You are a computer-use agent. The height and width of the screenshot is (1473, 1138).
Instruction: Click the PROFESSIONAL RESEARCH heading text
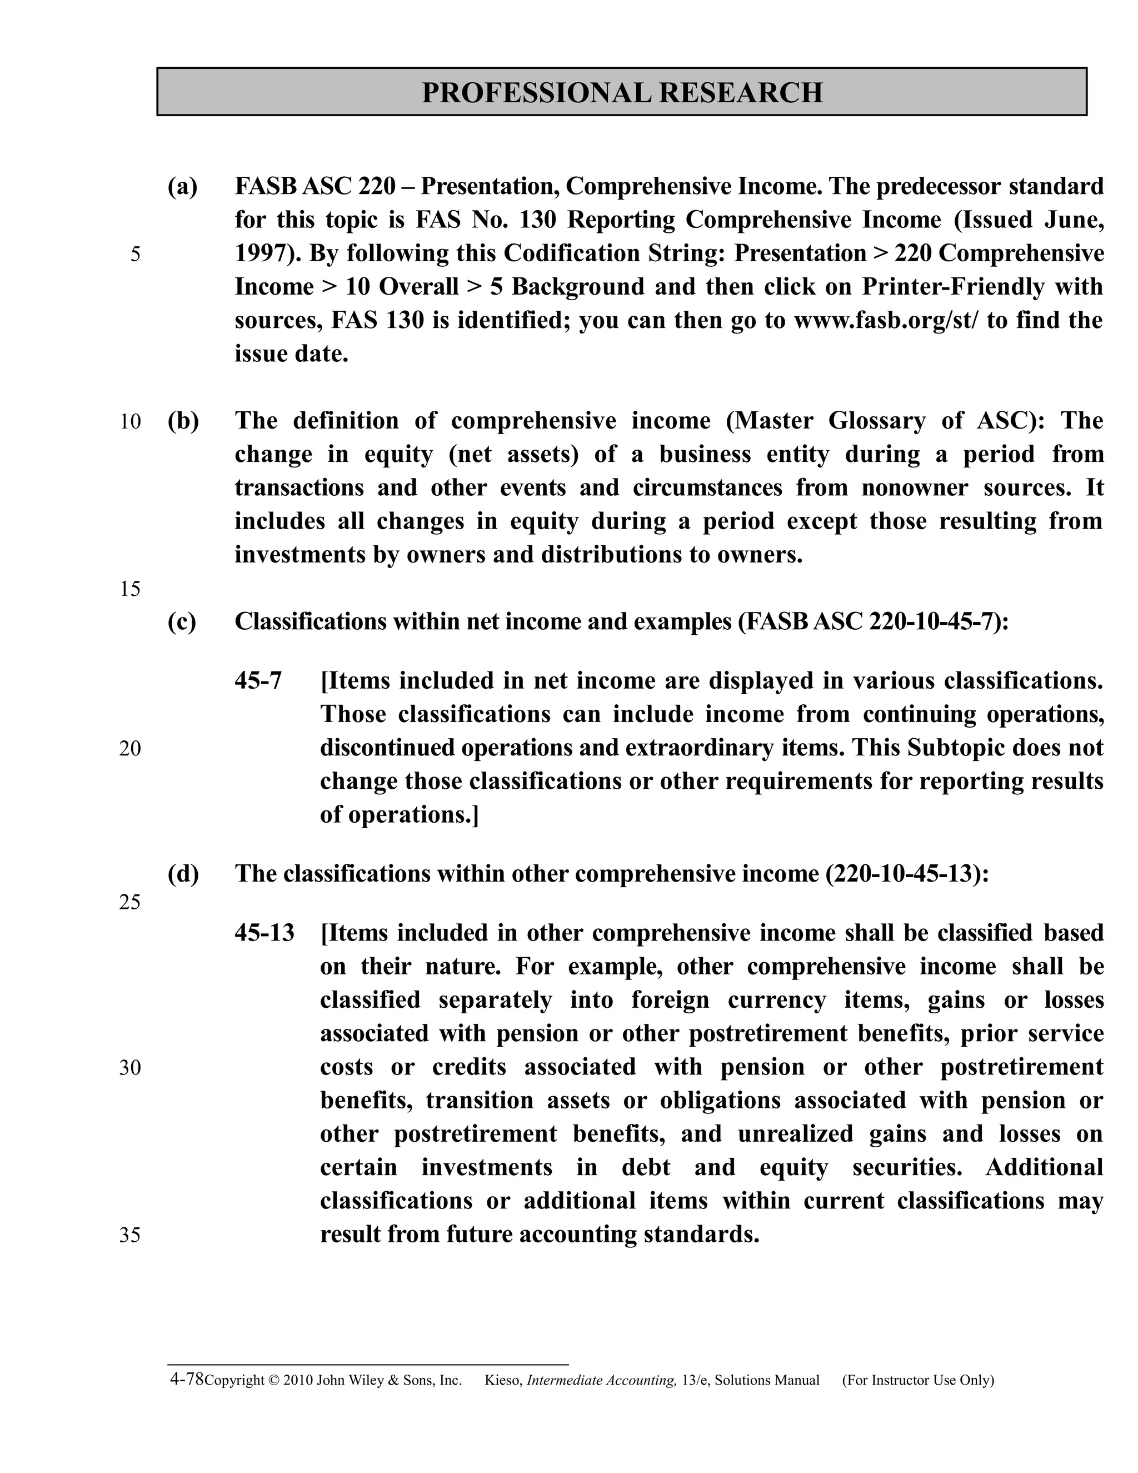pyautogui.click(x=622, y=92)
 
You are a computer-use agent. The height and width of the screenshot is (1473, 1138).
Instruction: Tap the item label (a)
pyautogui.click(x=183, y=186)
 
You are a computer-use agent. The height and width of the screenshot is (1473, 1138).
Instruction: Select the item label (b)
pyautogui.click(x=183, y=421)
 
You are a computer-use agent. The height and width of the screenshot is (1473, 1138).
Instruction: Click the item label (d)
pyautogui.click(x=183, y=873)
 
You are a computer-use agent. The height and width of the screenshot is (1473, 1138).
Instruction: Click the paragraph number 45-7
pyautogui.click(x=258, y=680)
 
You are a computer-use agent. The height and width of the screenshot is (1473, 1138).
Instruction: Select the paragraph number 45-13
pyautogui.click(x=264, y=933)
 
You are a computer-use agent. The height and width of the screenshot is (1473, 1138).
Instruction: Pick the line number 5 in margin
pyautogui.click(x=136, y=254)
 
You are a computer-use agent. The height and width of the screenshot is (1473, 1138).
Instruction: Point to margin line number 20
pyautogui.click(x=130, y=749)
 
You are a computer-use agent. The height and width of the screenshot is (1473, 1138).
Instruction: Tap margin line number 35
pyautogui.click(x=130, y=1235)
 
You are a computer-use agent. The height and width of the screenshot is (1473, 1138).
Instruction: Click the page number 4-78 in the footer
pyautogui.click(x=186, y=1379)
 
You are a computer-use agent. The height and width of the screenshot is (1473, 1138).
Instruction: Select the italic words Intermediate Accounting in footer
pyautogui.click(x=601, y=1381)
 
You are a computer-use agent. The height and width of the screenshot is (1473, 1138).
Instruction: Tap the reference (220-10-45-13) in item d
pyautogui.click(x=907, y=873)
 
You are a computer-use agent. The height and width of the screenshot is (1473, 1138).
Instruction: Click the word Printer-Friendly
pyautogui.click(x=952, y=287)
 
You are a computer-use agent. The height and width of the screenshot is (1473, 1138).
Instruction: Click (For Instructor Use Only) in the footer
pyautogui.click(x=917, y=1381)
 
